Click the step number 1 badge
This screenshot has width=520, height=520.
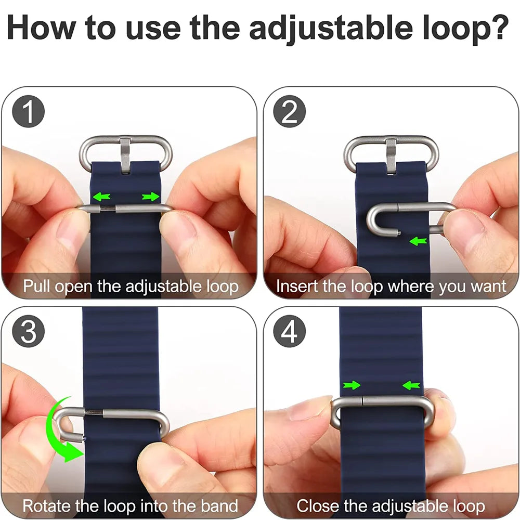(28, 111)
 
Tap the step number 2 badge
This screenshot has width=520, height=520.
(289, 111)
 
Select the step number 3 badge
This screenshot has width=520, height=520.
(28, 331)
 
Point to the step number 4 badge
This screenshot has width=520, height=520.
(289, 331)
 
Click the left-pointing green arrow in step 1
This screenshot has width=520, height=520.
(101, 197)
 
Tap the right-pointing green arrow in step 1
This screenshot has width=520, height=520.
(151, 197)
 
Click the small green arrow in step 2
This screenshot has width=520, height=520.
(418, 241)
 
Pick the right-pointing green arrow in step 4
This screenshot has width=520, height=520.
(352, 385)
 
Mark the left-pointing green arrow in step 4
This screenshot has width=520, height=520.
(411, 385)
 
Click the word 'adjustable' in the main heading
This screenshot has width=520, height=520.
(331, 28)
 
